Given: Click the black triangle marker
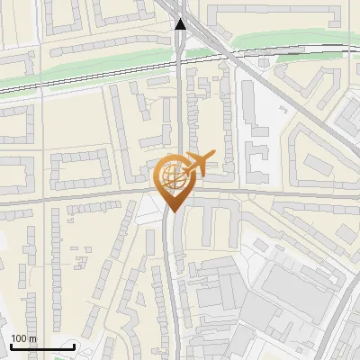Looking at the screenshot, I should click(x=181, y=24).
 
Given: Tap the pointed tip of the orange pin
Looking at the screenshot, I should click(x=173, y=211).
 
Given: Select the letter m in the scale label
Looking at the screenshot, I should click(x=32, y=339).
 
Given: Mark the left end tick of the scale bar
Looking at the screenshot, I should click(x=10, y=346).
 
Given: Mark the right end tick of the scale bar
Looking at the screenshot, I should click(x=74, y=346).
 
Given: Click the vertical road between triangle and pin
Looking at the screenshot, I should click(x=182, y=108).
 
